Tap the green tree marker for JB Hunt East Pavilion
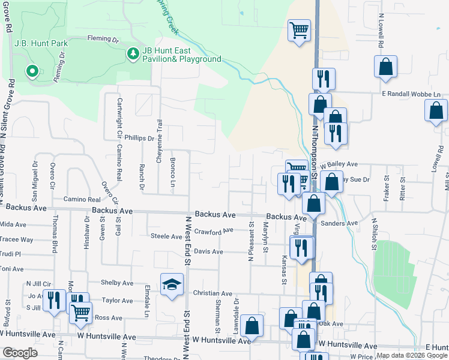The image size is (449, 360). [133, 54]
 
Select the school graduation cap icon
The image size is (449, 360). [171, 284]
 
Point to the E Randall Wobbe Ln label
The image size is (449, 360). [411, 94]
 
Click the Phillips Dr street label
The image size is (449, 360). [139, 138]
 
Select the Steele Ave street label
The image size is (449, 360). [166, 237]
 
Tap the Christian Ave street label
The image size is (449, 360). [212, 293]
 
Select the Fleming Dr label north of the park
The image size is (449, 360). [103, 39]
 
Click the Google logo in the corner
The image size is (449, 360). [20, 353]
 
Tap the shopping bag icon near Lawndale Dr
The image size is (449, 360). [253, 326]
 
